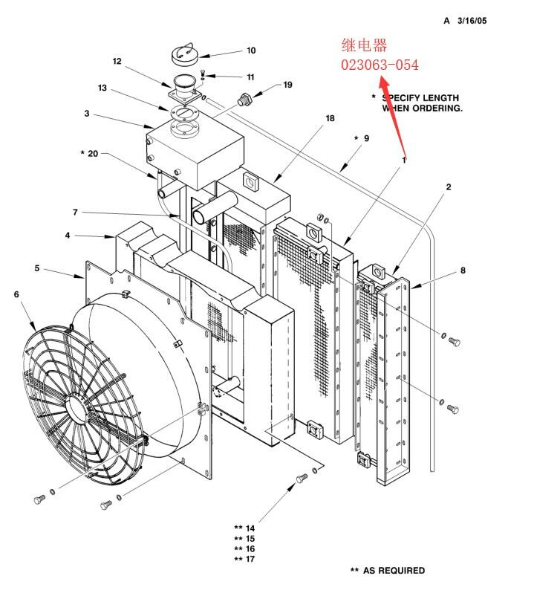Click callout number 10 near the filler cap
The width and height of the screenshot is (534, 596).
(251, 51)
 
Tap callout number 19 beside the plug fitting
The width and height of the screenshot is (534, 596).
(287, 85)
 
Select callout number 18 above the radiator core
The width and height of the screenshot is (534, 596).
(330, 119)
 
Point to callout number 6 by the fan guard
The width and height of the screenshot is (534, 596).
(16, 295)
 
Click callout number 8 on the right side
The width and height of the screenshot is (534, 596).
(463, 271)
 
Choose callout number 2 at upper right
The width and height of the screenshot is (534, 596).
(449, 187)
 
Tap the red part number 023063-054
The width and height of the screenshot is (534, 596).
(380, 65)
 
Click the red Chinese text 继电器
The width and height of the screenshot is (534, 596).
(364, 46)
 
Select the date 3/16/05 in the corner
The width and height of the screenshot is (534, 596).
(471, 21)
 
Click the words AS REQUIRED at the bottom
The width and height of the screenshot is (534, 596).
(394, 571)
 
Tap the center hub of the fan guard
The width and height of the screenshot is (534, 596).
(77, 404)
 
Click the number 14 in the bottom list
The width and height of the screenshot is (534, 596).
(250, 528)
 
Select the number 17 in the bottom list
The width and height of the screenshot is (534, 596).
(250, 560)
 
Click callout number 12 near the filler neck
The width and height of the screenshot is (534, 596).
(117, 62)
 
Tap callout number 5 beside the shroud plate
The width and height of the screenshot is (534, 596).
(37, 268)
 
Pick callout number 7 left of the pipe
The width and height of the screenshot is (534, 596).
(75, 213)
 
